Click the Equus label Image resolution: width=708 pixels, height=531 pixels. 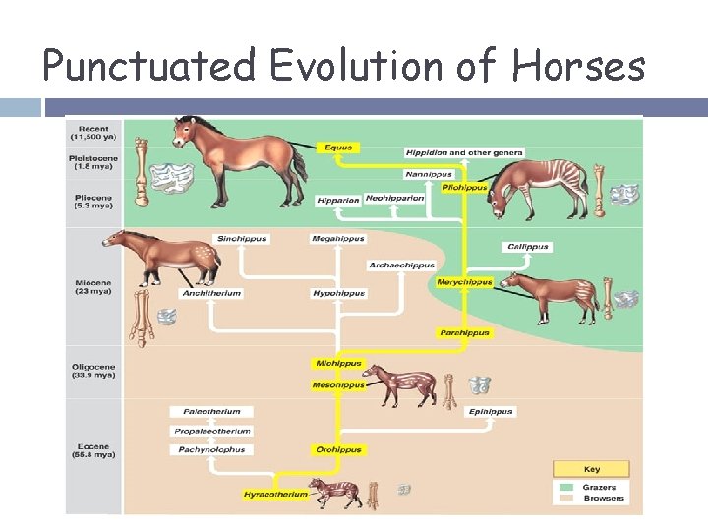[340, 147]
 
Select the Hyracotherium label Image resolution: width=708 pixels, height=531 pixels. [276, 494]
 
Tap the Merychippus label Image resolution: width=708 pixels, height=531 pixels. [464, 282]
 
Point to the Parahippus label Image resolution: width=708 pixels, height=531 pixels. [464, 332]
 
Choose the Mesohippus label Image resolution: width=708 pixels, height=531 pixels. [338, 385]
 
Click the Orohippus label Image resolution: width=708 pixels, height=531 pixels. [338, 449]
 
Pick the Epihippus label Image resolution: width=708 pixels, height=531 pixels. [490, 412]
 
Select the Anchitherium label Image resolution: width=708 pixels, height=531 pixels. [211, 293]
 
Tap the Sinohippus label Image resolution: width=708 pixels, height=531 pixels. [242, 239]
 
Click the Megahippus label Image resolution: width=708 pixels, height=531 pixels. [338, 239]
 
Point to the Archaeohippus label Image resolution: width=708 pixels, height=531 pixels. [401, 265]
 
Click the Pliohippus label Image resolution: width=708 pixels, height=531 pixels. [464, 187]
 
